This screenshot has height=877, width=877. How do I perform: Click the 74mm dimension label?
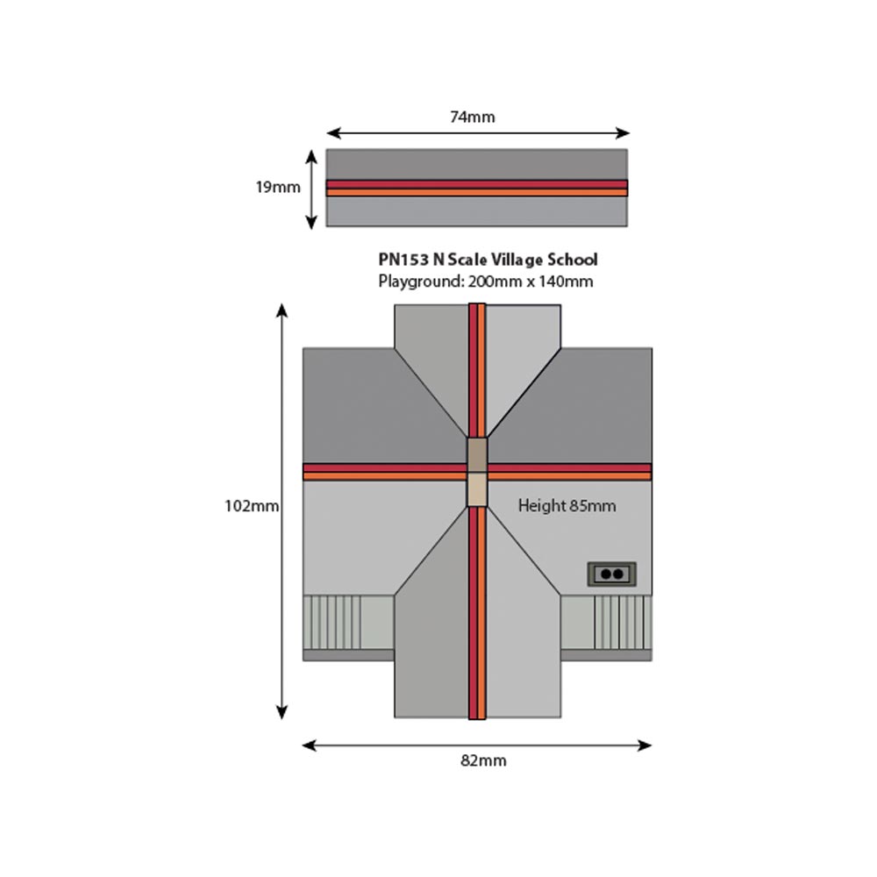473,117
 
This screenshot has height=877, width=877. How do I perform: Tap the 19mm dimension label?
278,187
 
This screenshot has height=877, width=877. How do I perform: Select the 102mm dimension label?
252,506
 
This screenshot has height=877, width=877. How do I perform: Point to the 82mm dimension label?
483,760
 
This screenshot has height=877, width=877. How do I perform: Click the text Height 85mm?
567,506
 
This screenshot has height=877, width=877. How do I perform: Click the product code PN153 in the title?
403,260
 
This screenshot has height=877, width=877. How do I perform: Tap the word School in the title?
572,260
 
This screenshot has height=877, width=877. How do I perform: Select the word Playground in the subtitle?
421,282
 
